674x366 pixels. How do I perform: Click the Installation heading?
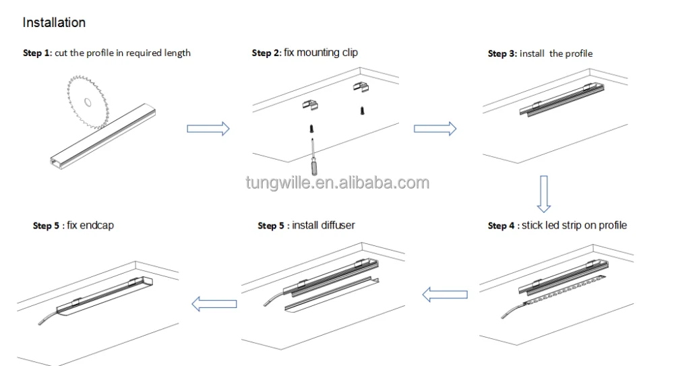click(x=54, y=22)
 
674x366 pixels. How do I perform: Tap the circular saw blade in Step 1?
click(x=87, y=102)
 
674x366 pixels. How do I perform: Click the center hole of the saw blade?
click(x=88, y=102)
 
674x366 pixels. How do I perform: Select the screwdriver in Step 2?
click(x=314, y=156)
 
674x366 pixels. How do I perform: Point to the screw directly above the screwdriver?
click(x=312, y=128)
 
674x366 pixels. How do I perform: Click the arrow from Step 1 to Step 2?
click(x=208, y=129)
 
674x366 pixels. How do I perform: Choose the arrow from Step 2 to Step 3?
click(x=435, y=129)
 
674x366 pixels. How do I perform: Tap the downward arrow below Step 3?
click(x=544, y=194)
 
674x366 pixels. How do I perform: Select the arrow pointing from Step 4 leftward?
click(x=445, y=295)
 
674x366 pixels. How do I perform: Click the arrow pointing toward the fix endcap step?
click(x=214, y=303)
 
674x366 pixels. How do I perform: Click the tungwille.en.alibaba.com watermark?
click(x=338, y=183)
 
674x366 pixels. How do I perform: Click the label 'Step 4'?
click(x=501, y=226)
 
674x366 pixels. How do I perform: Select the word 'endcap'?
click(x=96, y=226)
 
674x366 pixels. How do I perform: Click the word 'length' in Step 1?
click(x=177, y=53)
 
